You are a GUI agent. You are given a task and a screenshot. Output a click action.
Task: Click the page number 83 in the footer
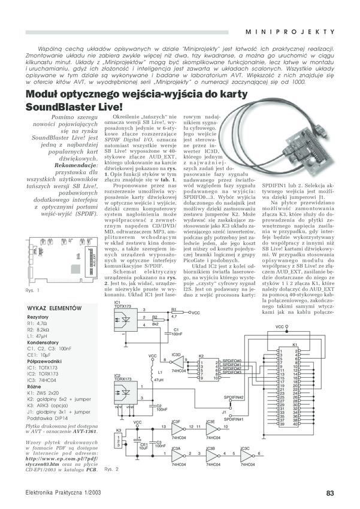point(329,493)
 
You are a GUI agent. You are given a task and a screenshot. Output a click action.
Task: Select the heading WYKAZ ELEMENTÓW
point(54,308)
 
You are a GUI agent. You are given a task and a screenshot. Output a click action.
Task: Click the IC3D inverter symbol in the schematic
point(179,362)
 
